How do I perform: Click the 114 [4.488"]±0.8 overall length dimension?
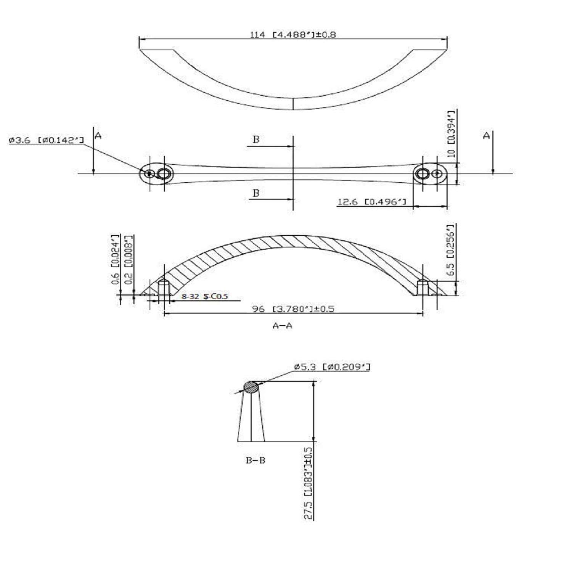(x=292, y=35)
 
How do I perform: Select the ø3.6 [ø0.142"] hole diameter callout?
(x=46, y=141)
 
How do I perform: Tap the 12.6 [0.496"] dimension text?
(x=371, y=202)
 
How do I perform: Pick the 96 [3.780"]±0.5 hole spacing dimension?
(x=293, y=309)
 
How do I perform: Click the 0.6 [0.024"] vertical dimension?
(x=116, y=260)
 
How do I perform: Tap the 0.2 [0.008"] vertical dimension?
(x=129, y=260)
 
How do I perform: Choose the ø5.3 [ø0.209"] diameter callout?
(x=332, y=367)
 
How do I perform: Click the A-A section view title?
(x=283, y=326)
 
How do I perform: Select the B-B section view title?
(x=255, y=460)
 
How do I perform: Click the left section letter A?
(x=98, y=135)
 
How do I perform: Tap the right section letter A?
(x=486, y=135)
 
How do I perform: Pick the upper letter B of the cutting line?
(x=256, y=140)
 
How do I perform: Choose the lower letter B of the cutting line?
(x=256, y=193)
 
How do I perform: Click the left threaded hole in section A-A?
(x=164, y=287)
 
